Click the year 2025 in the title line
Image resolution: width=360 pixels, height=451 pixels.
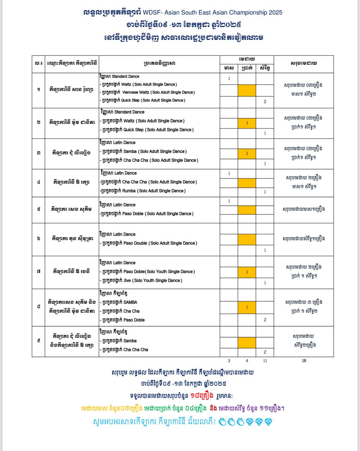tap(275, 13)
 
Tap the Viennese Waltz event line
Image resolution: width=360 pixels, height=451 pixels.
tap(148, 92)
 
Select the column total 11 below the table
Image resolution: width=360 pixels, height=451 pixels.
tap(265, 360)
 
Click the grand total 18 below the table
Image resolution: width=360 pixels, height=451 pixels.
tap(304, 360)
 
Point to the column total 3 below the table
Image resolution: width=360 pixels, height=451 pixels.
tap(229, 360)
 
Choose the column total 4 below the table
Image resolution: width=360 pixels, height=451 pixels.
tap(247, 360)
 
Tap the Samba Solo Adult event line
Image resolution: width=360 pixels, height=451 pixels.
tap(144, 152)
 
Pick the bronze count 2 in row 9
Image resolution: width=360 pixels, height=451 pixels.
tap(265, 352)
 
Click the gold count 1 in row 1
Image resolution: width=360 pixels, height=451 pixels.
tap(229, 79)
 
